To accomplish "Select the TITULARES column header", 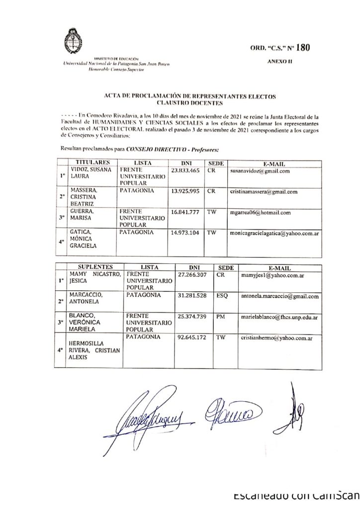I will pos(91,163).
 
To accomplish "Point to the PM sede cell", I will pos(221,316).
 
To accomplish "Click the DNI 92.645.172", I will pos(191,337).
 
